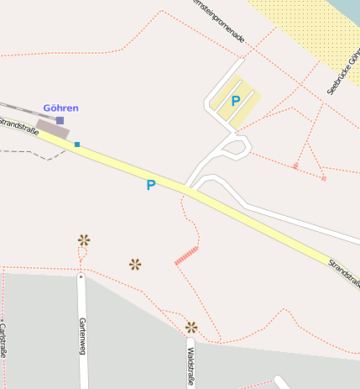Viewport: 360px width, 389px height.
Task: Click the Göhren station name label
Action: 60,108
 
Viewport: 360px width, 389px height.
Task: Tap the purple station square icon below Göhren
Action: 60,121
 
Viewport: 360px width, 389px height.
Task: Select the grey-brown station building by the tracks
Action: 52,129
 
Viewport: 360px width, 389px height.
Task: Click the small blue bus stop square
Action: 77,145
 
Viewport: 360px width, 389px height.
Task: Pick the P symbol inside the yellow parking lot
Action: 236,101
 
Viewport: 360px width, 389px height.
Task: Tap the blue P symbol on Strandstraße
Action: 151,185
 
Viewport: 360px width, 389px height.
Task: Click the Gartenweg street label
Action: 82,334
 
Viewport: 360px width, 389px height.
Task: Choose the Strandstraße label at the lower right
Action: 344,273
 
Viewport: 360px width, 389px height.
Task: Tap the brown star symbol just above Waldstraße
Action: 191,327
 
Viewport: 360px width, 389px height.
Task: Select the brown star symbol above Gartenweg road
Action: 84,239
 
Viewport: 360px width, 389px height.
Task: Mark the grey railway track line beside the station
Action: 13,108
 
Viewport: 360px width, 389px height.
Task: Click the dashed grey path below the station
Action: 34,153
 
